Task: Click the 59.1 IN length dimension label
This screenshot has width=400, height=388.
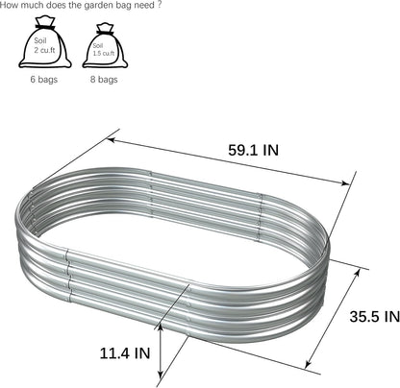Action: click(253, 150)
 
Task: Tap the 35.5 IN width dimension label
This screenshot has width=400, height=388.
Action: click(375, 317)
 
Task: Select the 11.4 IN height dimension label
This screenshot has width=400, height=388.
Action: click(125, 353)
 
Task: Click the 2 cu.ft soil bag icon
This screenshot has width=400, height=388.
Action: click(45, 42)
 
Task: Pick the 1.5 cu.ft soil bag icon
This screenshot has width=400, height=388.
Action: click(105, 46)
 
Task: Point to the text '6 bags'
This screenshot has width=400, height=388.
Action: click(44, 79)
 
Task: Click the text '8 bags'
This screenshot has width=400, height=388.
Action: click(104, 79)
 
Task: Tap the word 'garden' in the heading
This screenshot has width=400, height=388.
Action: click(98, 6)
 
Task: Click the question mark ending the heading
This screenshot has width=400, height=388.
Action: click(160, 6)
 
